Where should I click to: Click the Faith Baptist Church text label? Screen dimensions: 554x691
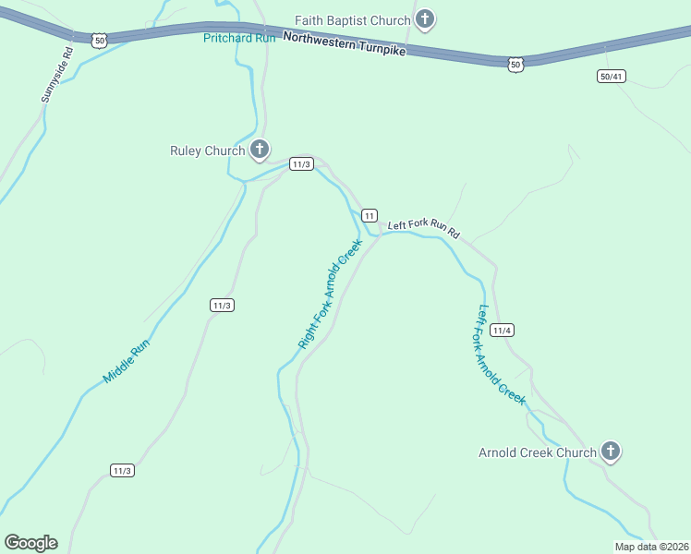tap(352, 19)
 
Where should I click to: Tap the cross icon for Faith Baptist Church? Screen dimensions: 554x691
tap(424, 18)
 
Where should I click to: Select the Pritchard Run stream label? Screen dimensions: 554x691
tap(240, 38)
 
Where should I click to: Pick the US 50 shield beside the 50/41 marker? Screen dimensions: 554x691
tap(515, 63)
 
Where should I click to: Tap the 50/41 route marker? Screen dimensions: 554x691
tap(611, 76)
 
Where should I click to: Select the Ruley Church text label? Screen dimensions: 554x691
tap(208, 151)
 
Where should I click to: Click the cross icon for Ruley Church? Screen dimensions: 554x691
tap(261, 149)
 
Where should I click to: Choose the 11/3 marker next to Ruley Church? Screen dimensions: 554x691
tap(301, 164)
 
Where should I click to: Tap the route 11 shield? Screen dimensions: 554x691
tap(369, 216)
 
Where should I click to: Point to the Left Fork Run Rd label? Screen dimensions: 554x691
tap(423, 227)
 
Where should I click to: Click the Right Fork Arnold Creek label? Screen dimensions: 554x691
tap(330, 294)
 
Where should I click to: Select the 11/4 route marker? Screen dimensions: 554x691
tap(503, 331)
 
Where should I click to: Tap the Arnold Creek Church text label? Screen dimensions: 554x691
tap(538, 452)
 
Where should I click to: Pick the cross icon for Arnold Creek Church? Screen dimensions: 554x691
tap(610, 451)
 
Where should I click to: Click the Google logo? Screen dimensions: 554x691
tap(30, 543)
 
